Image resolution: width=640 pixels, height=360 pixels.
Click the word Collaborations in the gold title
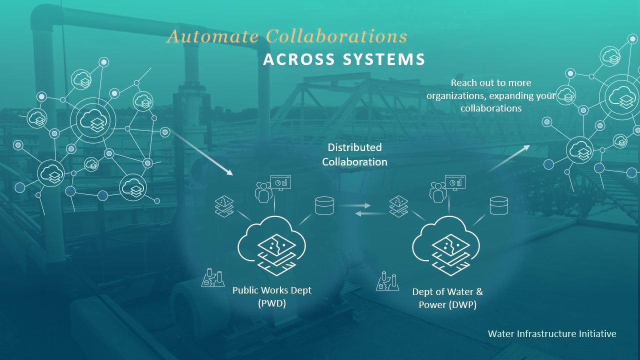coord(336,36)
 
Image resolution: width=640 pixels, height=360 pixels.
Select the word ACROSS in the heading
coord(299,59)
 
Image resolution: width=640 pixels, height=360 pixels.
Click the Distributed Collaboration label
coord(354,154)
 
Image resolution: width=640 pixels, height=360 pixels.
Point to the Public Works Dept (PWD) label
coord(272,296)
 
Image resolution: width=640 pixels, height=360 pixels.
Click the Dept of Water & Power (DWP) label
coord(447,297)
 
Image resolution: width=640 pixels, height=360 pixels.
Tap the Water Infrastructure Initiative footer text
coord(552,333)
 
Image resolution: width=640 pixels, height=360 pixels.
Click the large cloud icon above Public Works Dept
coord(272,244)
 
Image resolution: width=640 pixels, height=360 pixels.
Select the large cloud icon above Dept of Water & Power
coord(445,244)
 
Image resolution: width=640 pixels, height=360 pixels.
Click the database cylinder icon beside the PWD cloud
coord(324,205)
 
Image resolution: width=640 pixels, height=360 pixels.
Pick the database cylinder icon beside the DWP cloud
coord(498,205)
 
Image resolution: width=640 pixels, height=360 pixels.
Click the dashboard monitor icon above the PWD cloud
coord(280,182)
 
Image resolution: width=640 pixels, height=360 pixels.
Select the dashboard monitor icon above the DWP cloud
coord(455,182)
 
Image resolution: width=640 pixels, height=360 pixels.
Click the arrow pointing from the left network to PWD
coord(202,153)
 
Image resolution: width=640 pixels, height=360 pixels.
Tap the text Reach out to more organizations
coord(491,95)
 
